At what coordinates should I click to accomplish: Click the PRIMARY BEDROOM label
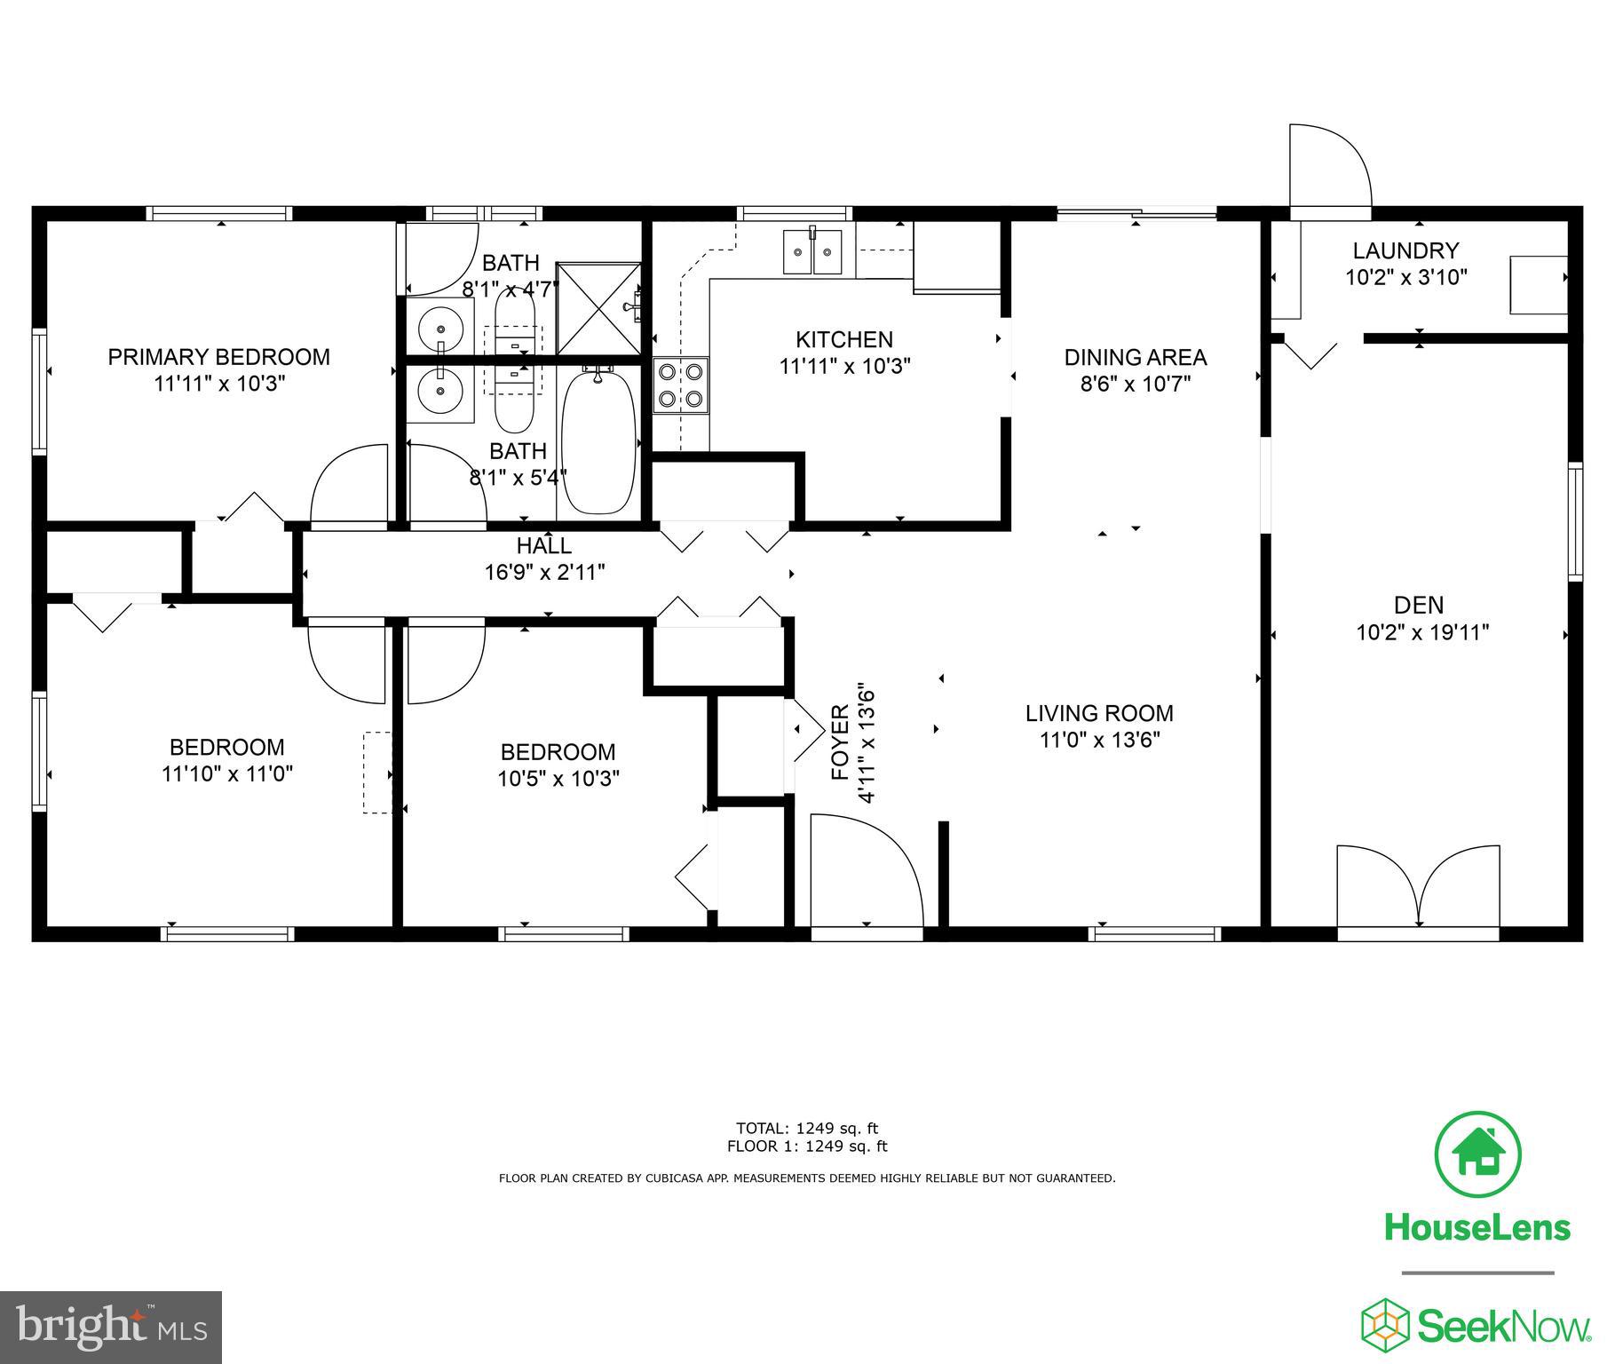(x=218, y=357)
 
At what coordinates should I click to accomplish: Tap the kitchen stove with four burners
(x=681, y=385)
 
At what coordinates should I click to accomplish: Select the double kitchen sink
(x=812, y=252)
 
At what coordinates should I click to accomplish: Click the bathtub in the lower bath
(x=598, y=441)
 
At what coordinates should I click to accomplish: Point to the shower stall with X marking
(x=598, y=307)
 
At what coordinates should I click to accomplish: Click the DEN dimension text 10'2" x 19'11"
(x=1421, y=633)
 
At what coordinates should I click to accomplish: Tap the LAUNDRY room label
(x=1405, y=250)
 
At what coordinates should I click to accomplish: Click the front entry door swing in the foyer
(x=866, y=875)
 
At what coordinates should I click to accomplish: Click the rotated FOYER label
(x=840, y=742)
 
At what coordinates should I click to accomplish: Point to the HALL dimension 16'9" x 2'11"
(x=544, y=572)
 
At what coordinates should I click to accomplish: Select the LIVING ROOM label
(x=1098, y=713)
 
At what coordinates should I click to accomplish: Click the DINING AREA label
(x=1135, y=357)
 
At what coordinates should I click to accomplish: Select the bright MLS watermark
(x=111, y=1327)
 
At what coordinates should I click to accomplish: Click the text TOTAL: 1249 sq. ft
(x=806, y=1129)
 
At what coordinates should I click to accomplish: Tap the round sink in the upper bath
(x=440, y=328)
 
